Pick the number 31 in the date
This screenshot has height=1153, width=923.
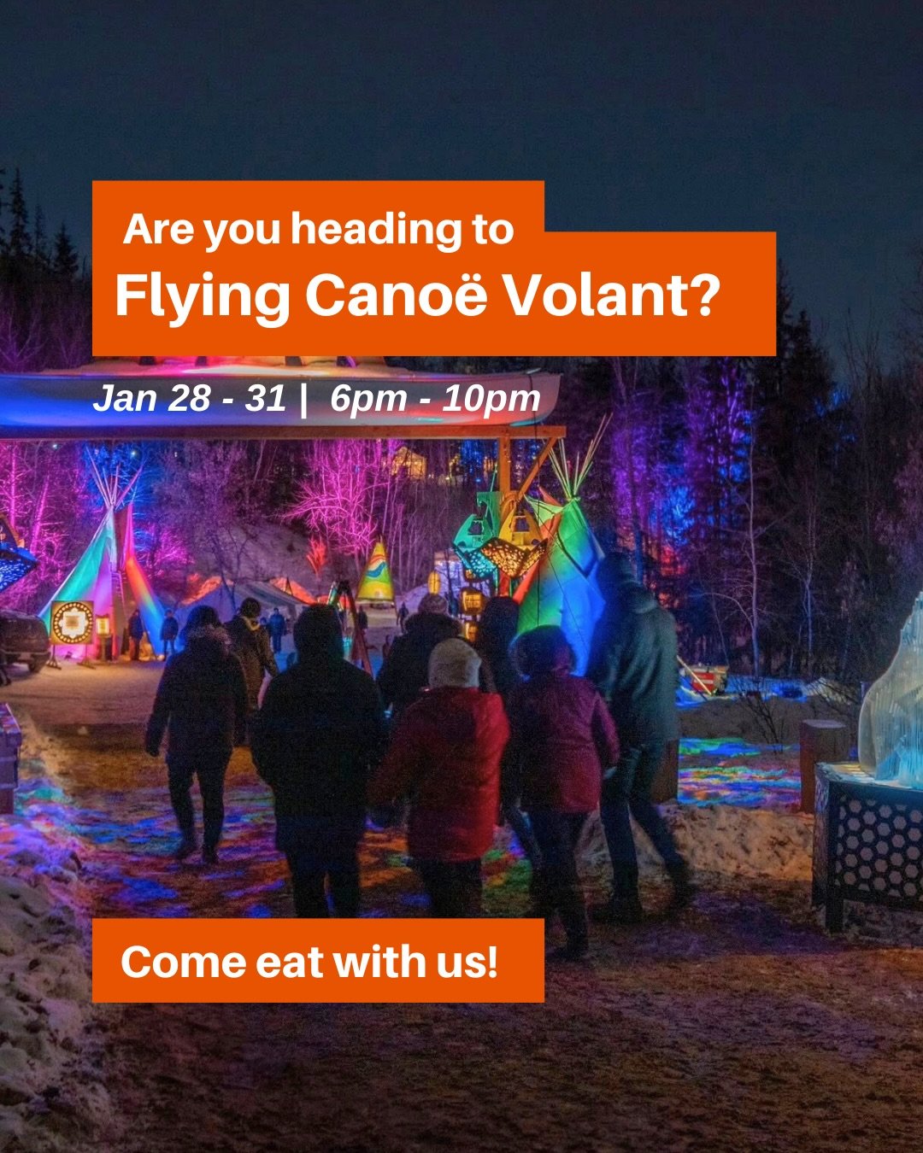click(x=265, y=398)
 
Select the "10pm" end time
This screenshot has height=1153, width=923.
click(x=491, y=399)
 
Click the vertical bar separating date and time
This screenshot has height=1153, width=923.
click(x=303, y=399)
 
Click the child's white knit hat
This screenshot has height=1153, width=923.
click(x=454, y=664)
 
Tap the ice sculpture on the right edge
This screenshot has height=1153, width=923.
click(x=893, y=700)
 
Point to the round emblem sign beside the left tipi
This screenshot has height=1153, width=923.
click(x=72, y=622)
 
